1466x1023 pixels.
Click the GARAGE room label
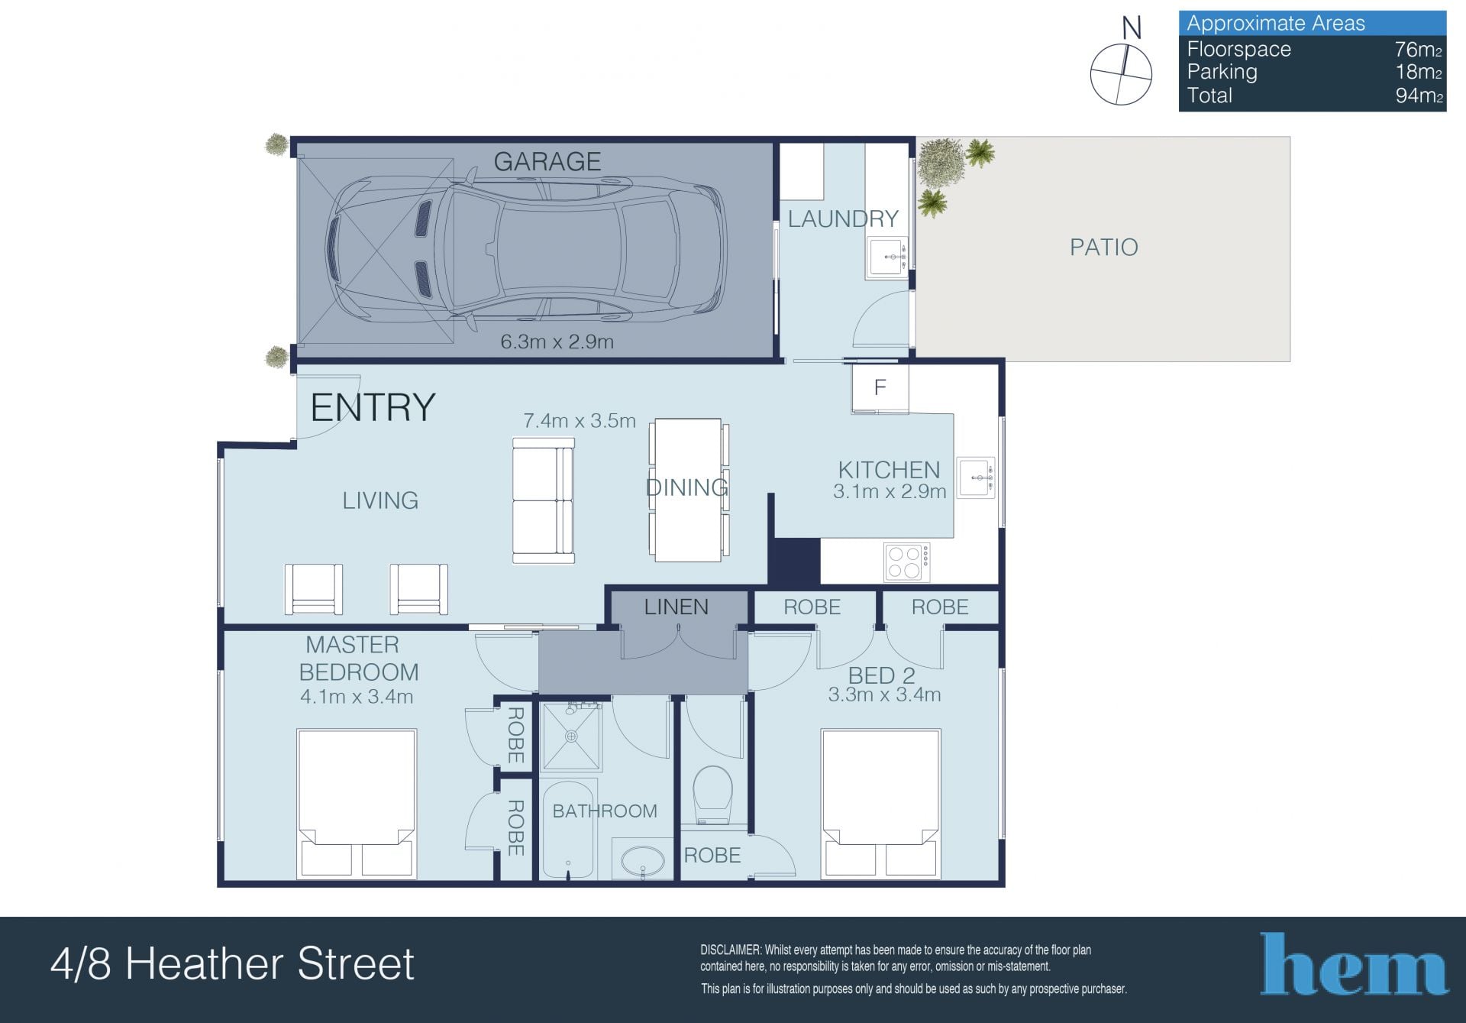547,161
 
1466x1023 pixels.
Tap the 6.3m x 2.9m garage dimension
557,342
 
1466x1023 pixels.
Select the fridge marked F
880,388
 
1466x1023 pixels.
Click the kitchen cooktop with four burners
907,562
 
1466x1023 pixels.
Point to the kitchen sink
977,478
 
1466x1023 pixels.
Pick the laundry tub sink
887,257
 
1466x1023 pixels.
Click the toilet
713,795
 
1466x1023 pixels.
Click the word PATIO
1103,247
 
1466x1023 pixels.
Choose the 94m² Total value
1419,96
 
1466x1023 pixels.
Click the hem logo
1354,963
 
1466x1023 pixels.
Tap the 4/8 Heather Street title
232,963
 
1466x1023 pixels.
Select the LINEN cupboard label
676,607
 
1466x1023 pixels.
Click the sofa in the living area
543,501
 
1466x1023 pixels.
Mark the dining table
689,490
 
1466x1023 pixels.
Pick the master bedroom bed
357,803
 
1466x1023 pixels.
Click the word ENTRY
373,407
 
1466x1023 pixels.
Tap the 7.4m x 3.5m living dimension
580,421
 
